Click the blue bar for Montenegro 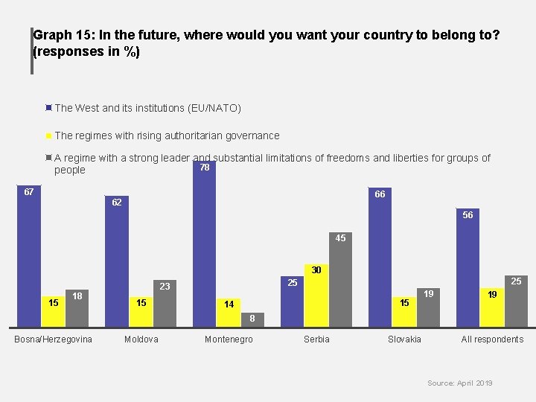205,243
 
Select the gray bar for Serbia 340,280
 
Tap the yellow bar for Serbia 316,296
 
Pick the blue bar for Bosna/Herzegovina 29,256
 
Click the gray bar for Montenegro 252,319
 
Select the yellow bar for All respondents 492,307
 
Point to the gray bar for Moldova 165,304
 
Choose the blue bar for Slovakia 380,257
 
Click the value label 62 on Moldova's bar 117,202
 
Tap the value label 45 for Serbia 340,238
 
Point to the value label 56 468,214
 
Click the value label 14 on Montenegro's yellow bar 229,304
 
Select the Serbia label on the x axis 316,339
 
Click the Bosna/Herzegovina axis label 53,339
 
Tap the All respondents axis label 492,339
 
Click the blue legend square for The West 48,108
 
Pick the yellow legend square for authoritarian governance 48,135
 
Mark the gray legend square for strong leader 48,158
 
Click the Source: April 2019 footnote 460,383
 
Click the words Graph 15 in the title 63,35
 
